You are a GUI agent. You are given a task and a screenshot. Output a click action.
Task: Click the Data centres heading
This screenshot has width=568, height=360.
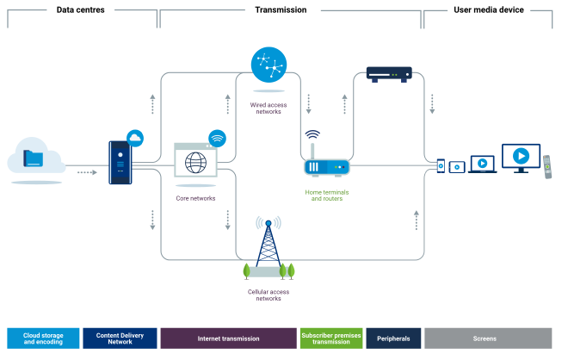tap(81, 9)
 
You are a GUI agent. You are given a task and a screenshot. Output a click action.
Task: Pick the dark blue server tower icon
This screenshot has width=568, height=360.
tap(120, 162)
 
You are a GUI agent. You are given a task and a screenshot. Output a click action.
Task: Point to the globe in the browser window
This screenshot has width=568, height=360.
tap(195, 162)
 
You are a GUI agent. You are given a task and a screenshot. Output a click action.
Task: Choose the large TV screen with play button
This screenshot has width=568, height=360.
tap(520, 158)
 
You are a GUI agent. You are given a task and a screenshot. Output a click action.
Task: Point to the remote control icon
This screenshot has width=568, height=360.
tap(546, 166)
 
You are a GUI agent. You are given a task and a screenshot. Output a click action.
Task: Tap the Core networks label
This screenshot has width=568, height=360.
tap(195, 198)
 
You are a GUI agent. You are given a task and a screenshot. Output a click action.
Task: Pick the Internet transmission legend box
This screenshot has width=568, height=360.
tap(228, 338)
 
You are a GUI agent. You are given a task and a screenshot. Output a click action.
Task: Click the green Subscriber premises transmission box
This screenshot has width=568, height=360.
tap(331, 338)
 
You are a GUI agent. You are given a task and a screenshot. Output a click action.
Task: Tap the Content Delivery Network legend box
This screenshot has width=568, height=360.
tap(120, 338)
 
